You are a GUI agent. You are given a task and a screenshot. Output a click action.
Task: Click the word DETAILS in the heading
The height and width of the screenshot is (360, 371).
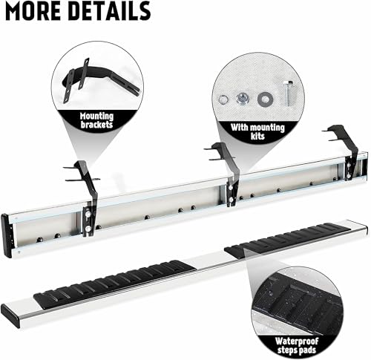point(109,10)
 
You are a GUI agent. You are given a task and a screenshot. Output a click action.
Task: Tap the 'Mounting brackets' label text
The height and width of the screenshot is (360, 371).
point(96,120)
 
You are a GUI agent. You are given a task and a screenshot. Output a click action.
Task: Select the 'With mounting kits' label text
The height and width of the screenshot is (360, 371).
point(257,131)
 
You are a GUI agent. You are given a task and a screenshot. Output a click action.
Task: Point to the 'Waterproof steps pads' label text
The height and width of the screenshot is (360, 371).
point(297,346)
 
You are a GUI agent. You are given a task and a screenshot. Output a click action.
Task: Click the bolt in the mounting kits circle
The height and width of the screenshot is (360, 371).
point(289,93)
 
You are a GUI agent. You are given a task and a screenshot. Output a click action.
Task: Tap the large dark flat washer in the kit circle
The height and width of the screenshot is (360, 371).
point(264,99)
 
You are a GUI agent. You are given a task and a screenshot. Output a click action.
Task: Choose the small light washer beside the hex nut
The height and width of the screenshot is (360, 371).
point(223,99)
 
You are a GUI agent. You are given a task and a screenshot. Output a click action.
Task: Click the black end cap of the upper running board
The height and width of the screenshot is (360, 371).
point(7,236)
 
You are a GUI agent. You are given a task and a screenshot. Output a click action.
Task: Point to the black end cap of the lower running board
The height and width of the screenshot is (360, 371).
point(10,315)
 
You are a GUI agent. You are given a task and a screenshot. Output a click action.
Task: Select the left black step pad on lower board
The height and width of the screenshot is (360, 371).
point(115,284)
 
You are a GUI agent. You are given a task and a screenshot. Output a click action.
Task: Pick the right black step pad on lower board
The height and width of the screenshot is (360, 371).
point(287,240)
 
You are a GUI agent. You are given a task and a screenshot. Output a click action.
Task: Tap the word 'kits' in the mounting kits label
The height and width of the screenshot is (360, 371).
point(257,137)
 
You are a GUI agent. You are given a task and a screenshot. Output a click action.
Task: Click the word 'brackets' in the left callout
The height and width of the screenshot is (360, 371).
point(96,125)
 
